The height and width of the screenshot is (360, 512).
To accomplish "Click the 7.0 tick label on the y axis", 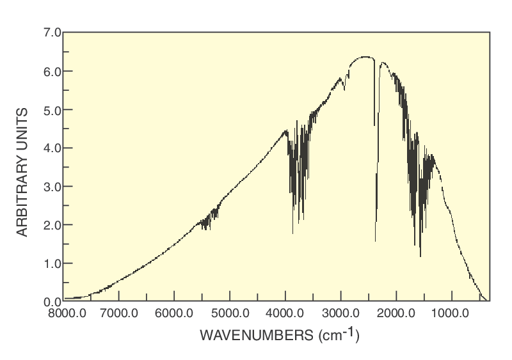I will (x=52, y=33).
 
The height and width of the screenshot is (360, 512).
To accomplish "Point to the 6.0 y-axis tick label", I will (x=52, y=71).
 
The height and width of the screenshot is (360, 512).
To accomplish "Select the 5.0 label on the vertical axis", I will (x=52, y=109).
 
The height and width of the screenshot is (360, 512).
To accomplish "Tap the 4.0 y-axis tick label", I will (x=52, y=148).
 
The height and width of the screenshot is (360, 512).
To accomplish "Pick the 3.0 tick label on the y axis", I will (x=52, y=186).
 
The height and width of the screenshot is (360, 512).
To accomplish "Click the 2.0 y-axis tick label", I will (x=52, y=224).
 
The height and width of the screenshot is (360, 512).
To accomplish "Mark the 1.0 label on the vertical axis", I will (x=52, y=263).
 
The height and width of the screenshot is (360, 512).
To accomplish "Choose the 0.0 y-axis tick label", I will (x=52, y=301).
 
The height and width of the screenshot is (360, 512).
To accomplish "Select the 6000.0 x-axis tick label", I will (x=175, y=313).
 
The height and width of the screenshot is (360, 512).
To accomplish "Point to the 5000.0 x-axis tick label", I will (x=230, y=313).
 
